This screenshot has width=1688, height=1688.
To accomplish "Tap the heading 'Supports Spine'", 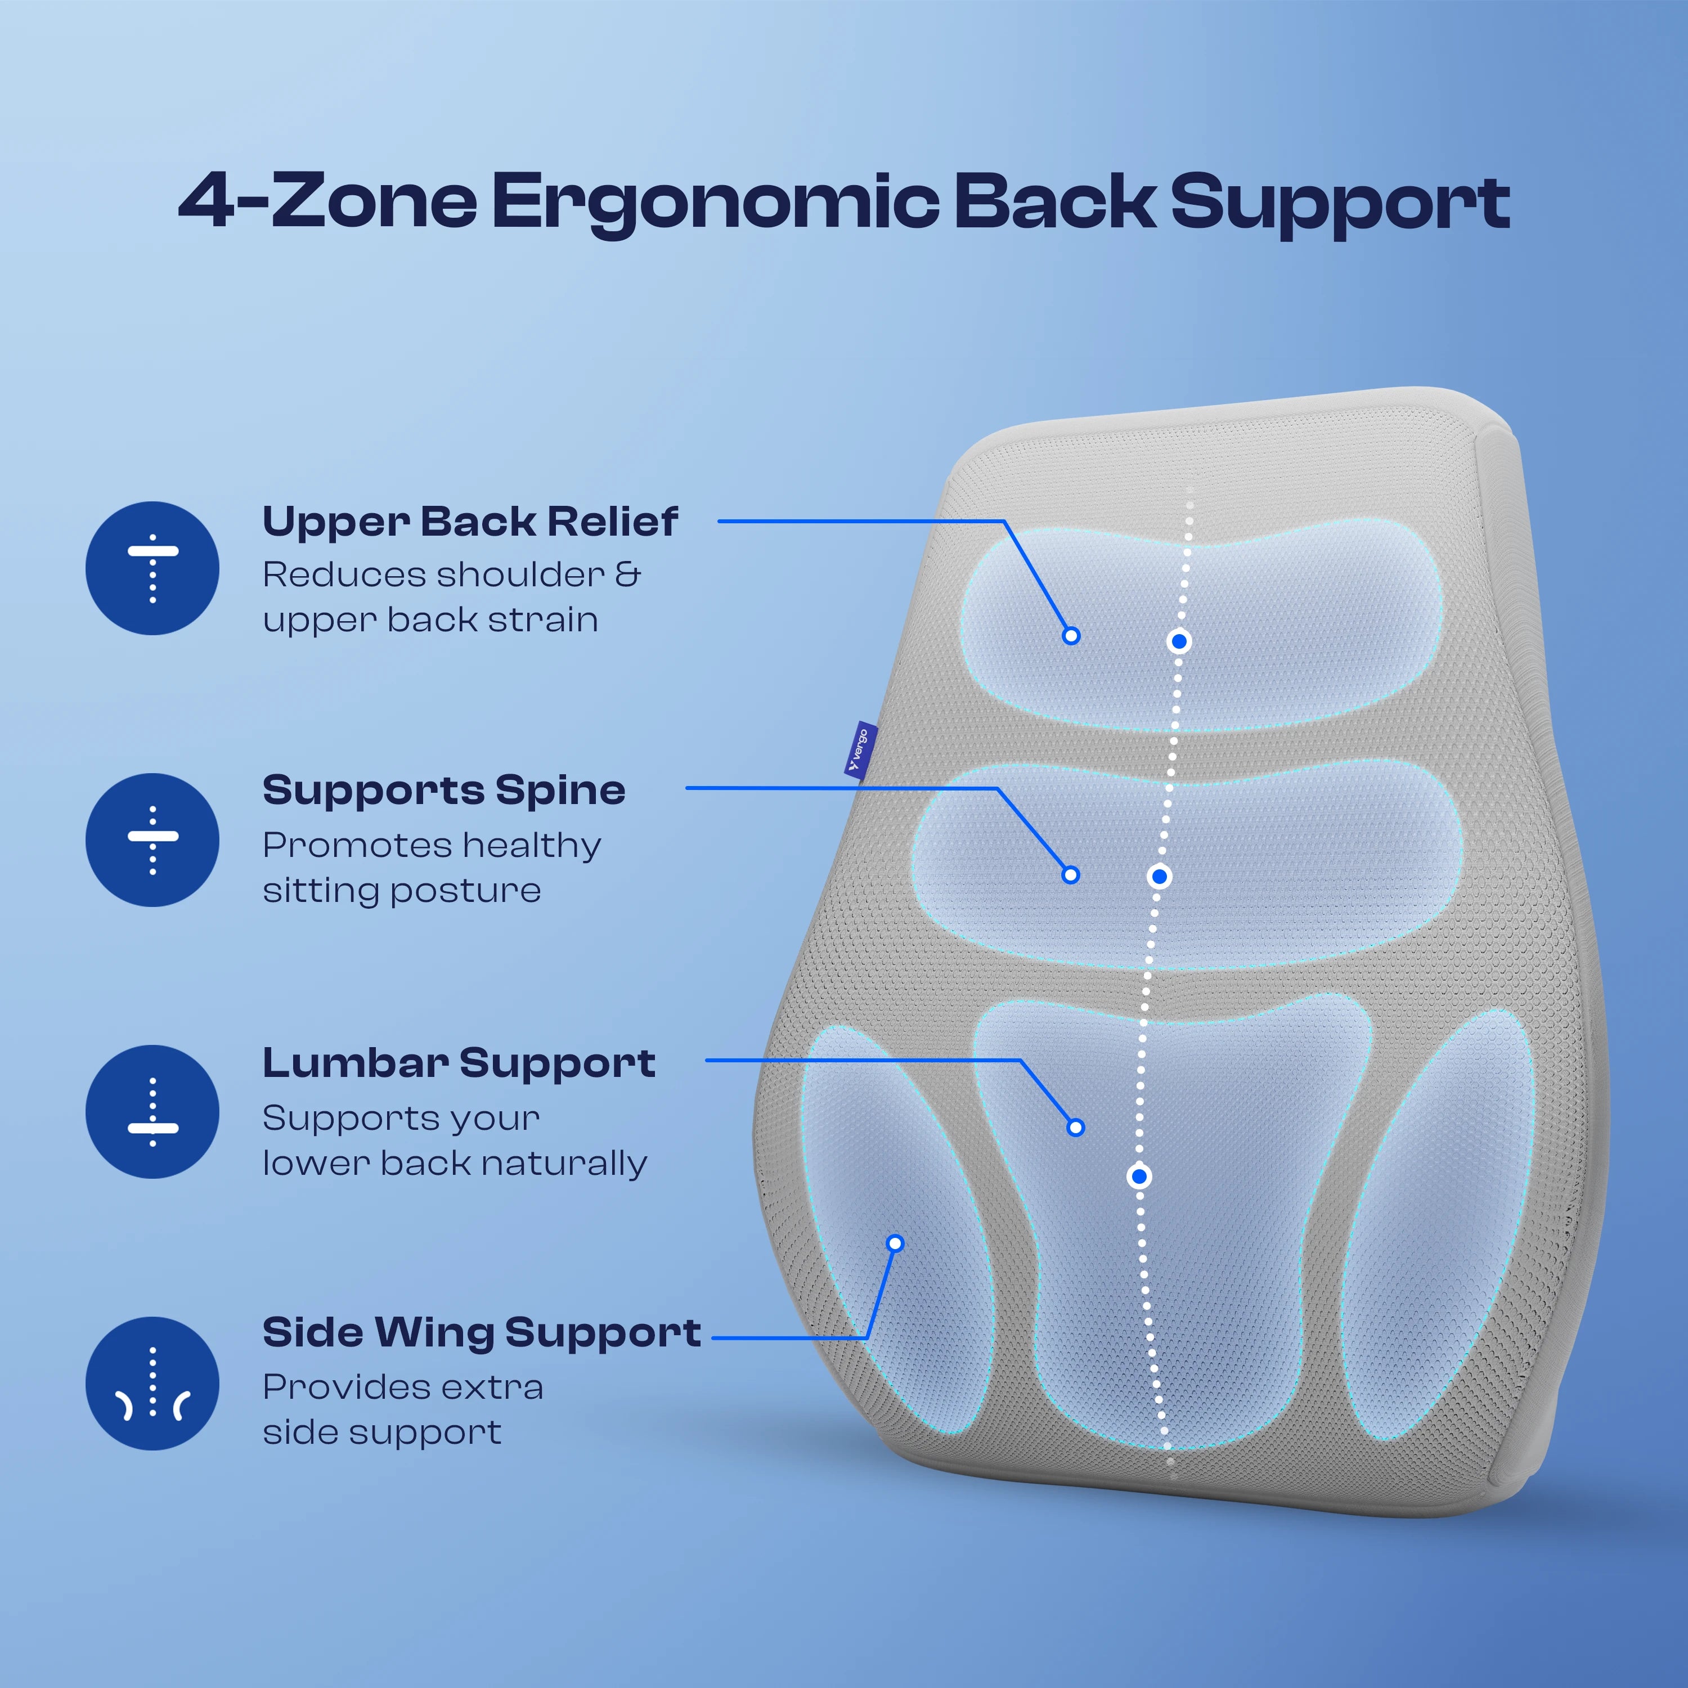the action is coord(444,790).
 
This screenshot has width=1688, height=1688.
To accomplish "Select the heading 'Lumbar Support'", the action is coord(459,1063).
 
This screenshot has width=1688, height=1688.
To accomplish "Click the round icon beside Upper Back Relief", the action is coord(152,568).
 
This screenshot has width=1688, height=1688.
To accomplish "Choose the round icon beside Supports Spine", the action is coord(152,839).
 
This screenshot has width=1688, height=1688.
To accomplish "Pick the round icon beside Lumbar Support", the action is coord(152,1111).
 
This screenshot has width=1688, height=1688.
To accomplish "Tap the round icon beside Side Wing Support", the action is coord(152,1383).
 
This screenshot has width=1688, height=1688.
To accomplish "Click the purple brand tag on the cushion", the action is coord(861,749).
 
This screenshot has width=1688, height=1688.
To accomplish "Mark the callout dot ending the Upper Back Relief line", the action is coord(1071,636).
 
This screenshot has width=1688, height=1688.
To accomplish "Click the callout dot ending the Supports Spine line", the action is coord(1070,874).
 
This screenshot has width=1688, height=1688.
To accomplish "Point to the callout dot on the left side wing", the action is coord(895,1243).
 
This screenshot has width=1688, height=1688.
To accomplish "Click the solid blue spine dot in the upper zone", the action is coord(1179,642).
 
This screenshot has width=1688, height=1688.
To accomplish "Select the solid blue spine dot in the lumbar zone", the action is coord(1138,1177).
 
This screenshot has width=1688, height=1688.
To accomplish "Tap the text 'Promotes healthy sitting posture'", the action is coord(432,868).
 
